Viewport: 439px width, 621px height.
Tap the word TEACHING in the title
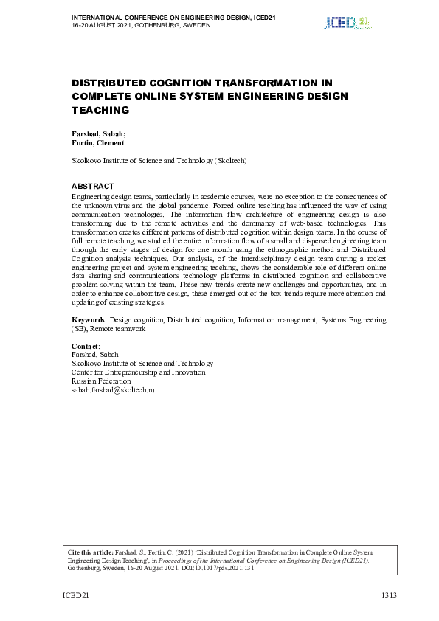tap(100, 110)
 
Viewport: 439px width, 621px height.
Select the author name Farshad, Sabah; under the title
tap(98, 134)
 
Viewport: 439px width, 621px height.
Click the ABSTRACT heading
tap(92, 186)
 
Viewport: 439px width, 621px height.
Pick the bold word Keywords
tap(88, 320)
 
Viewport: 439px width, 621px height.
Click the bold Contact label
tap(85, 346)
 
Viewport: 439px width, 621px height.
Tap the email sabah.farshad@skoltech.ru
tap(113, 389)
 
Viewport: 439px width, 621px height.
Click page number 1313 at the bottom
tap(389, 595)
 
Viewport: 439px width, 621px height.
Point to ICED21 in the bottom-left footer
tap(75, 595)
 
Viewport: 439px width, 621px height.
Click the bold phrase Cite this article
tap(91, 552)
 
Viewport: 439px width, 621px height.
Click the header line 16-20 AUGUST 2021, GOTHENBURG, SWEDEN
tap(141, 25)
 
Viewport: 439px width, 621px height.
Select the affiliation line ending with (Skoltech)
tap(159, 160)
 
